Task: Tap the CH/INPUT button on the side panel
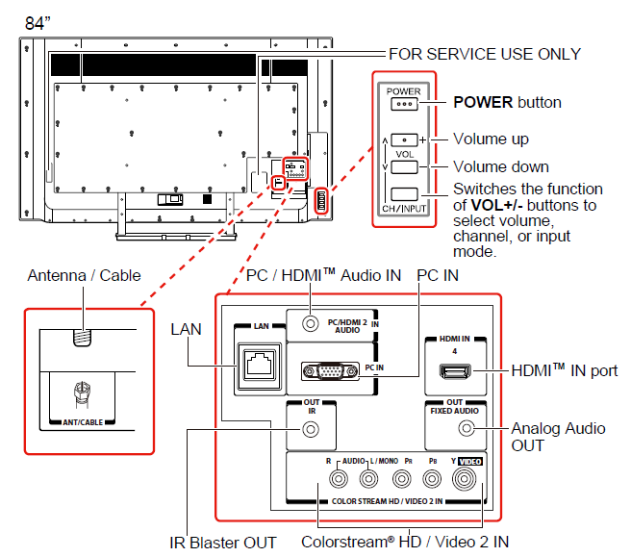(405, 193)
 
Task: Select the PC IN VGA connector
(329, 371)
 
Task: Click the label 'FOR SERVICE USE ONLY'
(484, 54)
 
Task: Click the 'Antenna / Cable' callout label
(84, 275)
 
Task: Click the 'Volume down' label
(500, 166)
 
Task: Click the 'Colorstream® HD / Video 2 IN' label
(405, 543)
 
